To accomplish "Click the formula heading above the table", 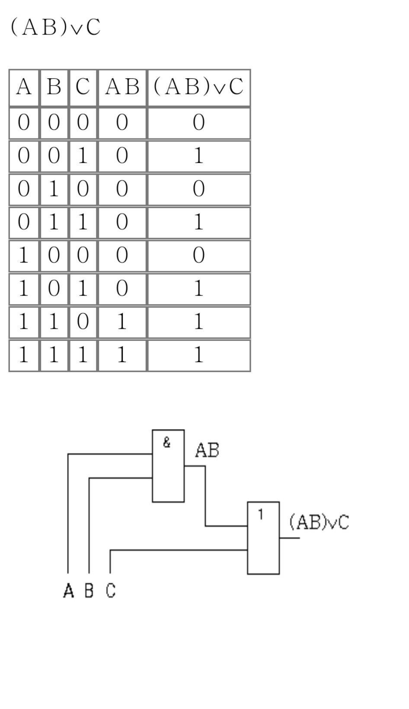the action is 56,26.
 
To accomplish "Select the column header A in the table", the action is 24,87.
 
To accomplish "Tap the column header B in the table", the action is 54,87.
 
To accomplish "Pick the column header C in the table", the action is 83,87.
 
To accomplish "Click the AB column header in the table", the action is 122,87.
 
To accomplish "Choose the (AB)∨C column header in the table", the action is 198,87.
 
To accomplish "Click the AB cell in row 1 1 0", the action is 122,321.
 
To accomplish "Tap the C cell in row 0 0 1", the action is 83,156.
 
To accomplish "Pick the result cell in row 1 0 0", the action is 198,255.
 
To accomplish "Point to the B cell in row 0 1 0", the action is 54,189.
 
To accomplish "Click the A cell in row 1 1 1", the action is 24,355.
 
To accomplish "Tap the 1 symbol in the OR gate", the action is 261,515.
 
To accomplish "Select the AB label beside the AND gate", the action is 207,450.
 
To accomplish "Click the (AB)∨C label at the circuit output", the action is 319,522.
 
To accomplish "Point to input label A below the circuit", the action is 69,590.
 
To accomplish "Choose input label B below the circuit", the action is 89,590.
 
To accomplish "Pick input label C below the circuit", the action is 111,590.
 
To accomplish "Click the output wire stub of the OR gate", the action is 289,538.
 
